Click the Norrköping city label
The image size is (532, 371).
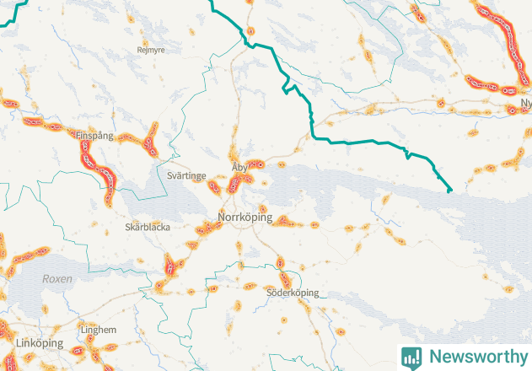245,218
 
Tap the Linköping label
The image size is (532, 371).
38,345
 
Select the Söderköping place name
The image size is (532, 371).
293,293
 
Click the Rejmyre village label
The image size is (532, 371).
152,50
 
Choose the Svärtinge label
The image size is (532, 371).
186,175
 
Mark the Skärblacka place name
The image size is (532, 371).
147,228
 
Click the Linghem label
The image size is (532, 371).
98,330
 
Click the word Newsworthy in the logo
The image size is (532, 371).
476,357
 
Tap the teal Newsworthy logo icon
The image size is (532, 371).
411,357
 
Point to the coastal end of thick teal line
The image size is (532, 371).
449,191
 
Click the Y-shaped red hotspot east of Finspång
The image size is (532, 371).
150,140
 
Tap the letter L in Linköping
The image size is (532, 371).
19,345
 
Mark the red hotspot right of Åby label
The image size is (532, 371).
260,164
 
